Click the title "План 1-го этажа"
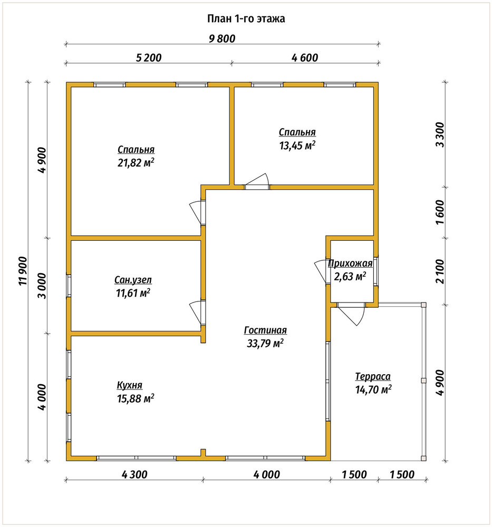coord(246,18)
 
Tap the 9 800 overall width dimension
coord(222,38)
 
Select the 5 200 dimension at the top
coord(148,58)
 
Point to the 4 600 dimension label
coord(305,58)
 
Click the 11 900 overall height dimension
coord(23,271)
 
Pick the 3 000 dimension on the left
coord(42,286)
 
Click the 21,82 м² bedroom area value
coord(136,163)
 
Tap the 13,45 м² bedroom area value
coord(297,145)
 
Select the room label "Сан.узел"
coord(133,280)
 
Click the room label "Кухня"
coord(130,385)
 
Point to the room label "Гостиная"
coord(265,330)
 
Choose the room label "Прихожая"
coord(350,263)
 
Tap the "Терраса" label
coord(373,377)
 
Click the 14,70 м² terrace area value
coord(373,390)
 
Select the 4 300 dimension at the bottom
coord(134,475)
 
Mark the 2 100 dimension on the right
coord(440,271)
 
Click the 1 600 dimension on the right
coord(440,212)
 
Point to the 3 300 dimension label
coord(440,134)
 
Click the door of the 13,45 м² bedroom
coord(257,182)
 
